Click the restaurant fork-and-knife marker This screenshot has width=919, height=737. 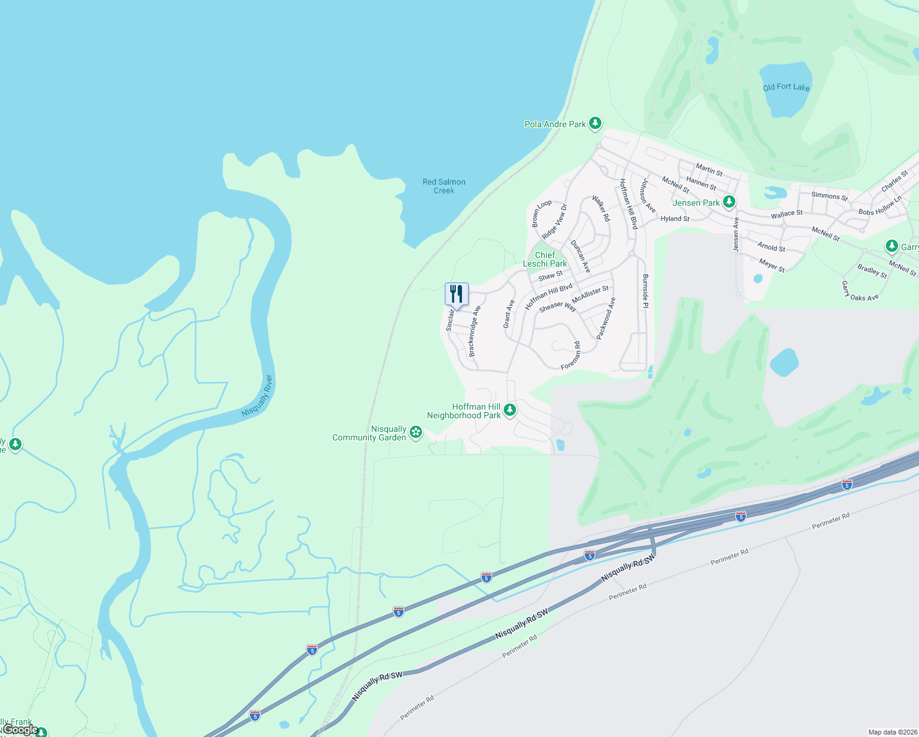(456, 294)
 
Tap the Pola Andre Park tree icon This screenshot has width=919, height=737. (595, 123)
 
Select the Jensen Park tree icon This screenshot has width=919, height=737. (729, 201)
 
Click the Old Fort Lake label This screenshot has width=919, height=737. (786, 87)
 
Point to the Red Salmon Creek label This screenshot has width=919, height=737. (444, 186)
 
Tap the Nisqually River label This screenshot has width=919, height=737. (257, 396)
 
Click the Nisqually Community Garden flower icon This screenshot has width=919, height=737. (416, 432)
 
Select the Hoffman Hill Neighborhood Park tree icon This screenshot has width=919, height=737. (509, 410)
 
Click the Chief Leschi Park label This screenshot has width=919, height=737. (545, 259)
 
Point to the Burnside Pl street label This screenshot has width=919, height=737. (645, 292)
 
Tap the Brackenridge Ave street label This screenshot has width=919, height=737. (474, 332)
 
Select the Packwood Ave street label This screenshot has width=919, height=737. (606, 318)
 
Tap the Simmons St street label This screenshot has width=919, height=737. (829, 196)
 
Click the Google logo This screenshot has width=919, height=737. (20, 730)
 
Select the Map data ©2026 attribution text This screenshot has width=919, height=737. (891, 732)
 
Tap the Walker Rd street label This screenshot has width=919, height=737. (601, 208)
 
